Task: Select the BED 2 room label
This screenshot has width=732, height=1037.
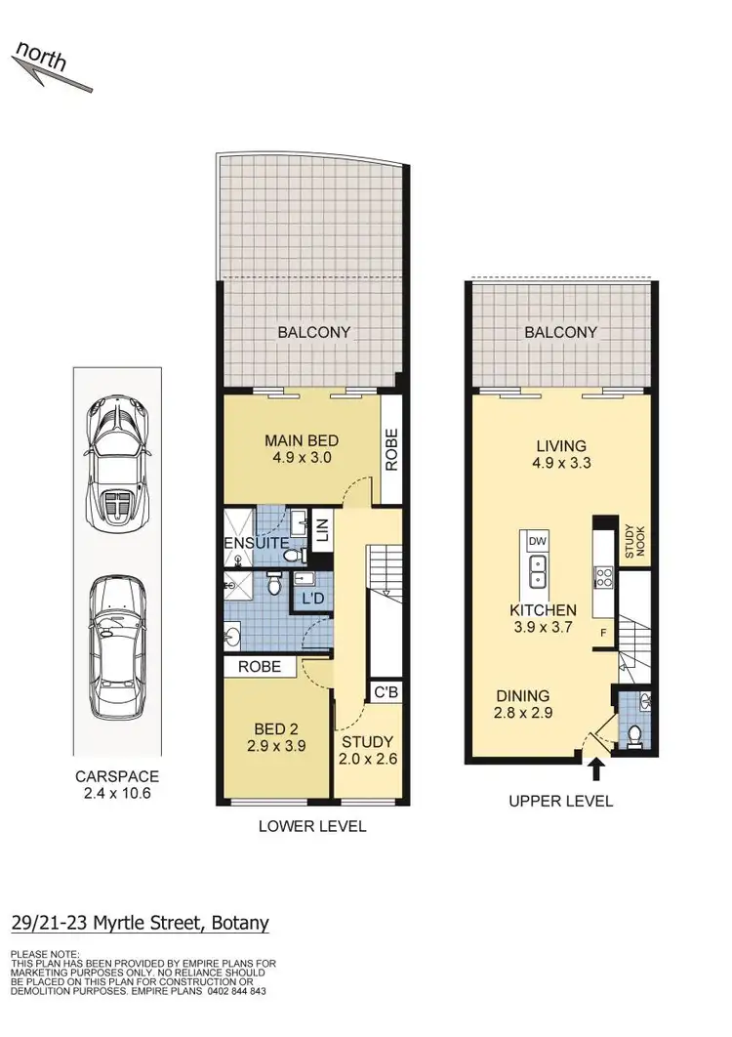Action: (275, 736)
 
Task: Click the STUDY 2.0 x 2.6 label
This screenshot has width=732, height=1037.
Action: (366, 750)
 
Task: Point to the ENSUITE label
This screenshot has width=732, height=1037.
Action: (257, 543)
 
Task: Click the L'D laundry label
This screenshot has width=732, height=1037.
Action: (314, 597)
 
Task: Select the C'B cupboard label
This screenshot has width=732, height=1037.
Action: (385, 692)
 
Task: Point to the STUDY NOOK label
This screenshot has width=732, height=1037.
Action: (633, 540)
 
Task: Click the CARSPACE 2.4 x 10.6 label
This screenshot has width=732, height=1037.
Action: (116, 786)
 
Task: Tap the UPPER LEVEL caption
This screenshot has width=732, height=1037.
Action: (560, 802)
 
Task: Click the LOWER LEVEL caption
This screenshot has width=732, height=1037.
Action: (311, 827)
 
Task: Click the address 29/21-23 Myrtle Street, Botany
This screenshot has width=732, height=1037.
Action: (140, 923)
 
